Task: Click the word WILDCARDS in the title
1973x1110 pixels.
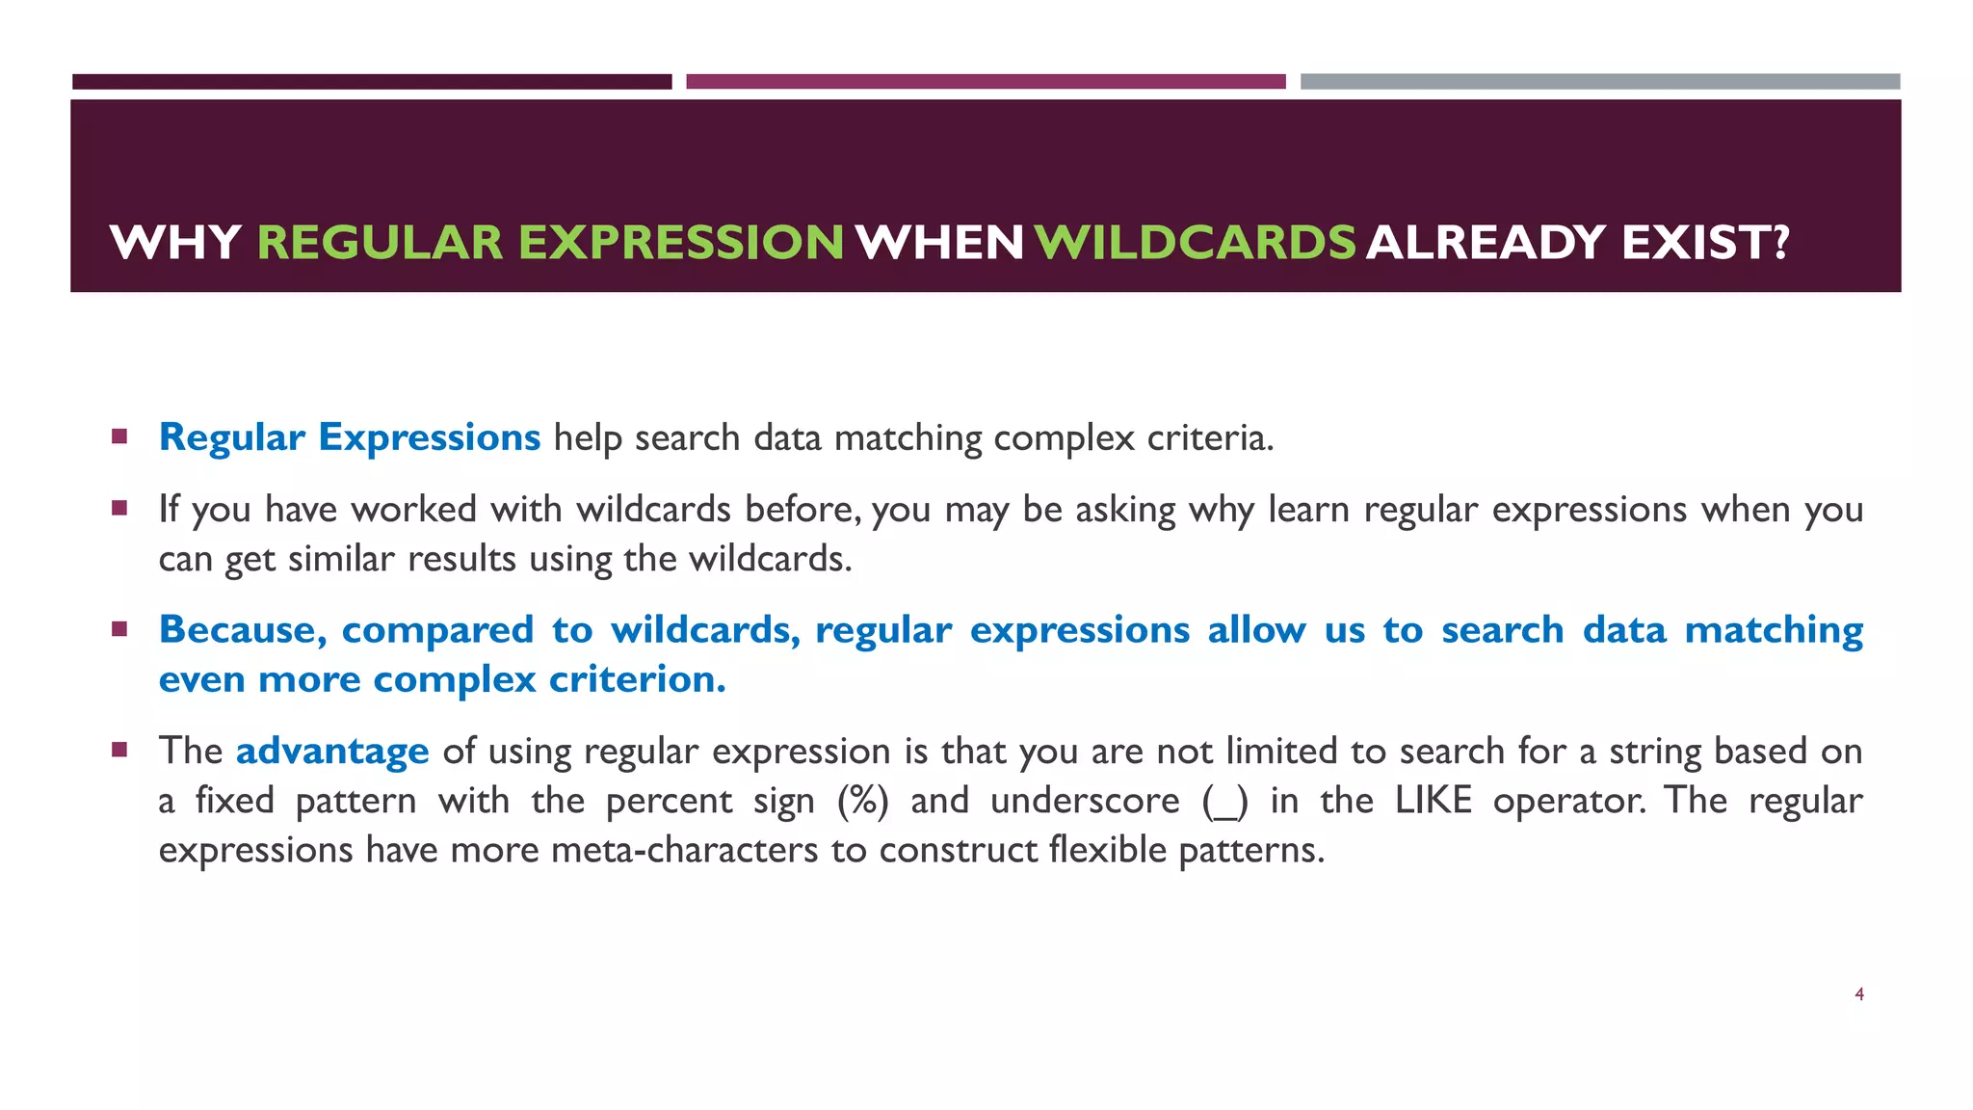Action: pyautogui.click(x=1196, y=242)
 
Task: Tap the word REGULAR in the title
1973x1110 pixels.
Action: pyautogui.click(x=380, y=242)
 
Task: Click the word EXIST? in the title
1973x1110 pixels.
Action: pyautogui.click(x=1705, y=242)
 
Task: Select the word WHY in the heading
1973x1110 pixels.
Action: pyautogui.click(x=175, y=242)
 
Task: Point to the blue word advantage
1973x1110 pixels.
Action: pyautogui.click(x=332, y=751)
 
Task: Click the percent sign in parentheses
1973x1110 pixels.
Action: pyautogui.click(x=863, y=801)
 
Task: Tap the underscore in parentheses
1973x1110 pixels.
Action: pyautogui.click(x=1225, y=803)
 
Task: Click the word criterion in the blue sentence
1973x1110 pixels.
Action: pyautogui.click(x=637, y=679)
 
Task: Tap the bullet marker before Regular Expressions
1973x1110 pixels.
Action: pyautogui.click(x=119, y=436)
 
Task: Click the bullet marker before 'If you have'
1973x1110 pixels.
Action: pyautogui.click(x=119, y=508)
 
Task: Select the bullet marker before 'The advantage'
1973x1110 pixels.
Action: pyautogui.click(x=119, y=750)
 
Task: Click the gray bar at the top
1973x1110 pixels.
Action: pyautogui.click(x=1599, y=82)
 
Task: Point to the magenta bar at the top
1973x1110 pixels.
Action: pyautogui.click(x=986, y=82)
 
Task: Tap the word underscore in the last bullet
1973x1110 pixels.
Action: pyautogui.click(x=1085, y=801)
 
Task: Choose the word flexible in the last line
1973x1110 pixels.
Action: pyautogui.click(x=1108, y=850)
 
